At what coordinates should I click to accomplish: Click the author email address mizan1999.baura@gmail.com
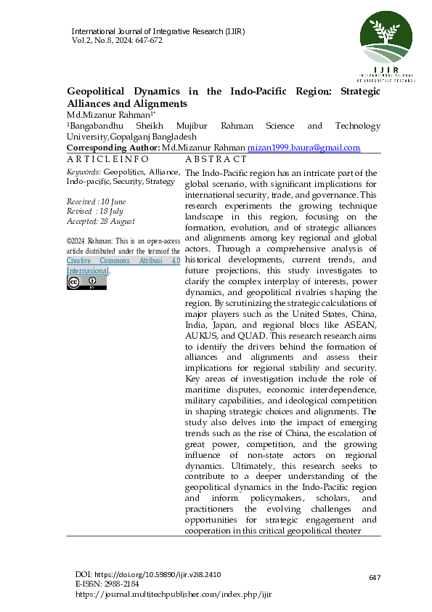click(303, 148)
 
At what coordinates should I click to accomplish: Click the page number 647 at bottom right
click(375, 577)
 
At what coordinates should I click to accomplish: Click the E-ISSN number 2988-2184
click(121, 584)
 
